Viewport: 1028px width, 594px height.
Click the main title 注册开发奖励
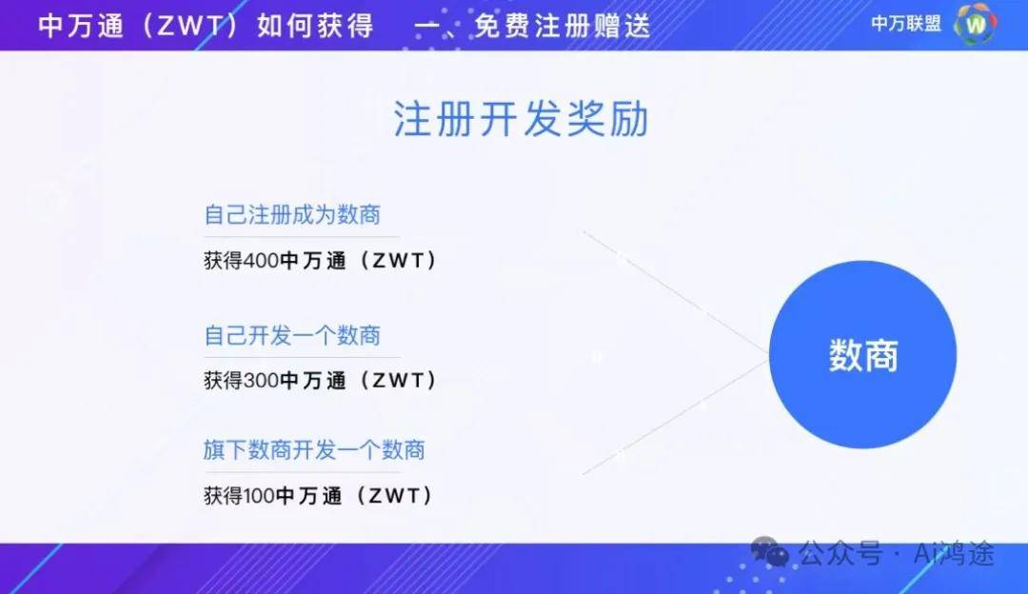point(522,119)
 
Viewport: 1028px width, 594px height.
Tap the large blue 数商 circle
point(862,355)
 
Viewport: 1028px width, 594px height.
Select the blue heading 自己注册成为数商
point(292,214)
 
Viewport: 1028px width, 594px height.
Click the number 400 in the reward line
point(261,260)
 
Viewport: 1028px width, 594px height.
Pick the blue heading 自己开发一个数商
point(292,335)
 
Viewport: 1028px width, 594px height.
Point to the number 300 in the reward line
point(261,380)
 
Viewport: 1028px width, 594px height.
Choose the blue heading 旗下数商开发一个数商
point(314,449)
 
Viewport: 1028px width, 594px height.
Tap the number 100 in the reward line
point(259,496)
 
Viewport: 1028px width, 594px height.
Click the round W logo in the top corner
point(976,24)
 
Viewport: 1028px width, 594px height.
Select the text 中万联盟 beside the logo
point(906,24)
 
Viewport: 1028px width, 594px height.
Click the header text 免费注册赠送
point(562,27)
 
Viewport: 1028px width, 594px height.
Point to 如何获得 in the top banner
point(315,27)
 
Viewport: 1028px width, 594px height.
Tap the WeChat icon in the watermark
point(770,551)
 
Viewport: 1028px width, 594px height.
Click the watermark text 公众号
point(840,553)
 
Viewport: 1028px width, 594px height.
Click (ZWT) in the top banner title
point(190,27)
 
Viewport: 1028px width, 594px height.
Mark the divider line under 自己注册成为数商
point(302,236)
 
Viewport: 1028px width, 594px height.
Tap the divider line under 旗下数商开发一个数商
point(302,471)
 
